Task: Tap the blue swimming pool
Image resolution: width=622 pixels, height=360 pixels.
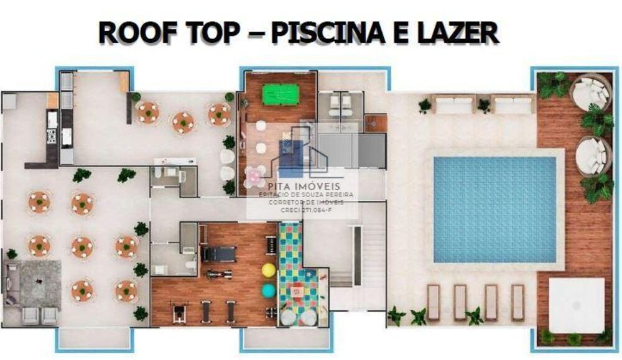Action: click(x=494, y=209)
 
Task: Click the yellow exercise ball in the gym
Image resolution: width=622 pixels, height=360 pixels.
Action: click(x=269, y=270)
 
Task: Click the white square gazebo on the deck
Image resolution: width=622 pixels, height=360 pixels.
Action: click(x=577, y=305)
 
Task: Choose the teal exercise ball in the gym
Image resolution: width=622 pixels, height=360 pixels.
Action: click(x=268, y=290)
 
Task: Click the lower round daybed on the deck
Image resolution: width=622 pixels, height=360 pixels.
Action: click(x=592, y=157)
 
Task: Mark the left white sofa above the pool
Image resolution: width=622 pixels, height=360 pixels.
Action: click(x=453, y=105)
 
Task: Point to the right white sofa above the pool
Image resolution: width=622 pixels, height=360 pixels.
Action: click(x=513, y=105)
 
